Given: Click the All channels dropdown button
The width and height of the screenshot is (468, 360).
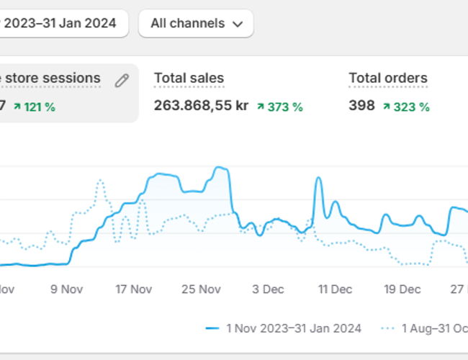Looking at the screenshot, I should pyautogui.click(x=195, y=23).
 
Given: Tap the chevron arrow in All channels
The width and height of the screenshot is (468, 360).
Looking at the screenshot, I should pyautogui.click(x=238, y=24).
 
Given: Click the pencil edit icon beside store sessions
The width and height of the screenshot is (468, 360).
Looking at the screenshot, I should pyautogui.click(x=122, y=80).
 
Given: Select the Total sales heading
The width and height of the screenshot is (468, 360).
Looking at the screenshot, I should pyautogui.click(x=189, y=78).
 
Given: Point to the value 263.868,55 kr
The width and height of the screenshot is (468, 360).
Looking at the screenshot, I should pyautogui.click(x=201, y=106).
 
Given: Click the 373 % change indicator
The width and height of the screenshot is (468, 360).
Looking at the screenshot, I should pyautogui.click(x=280, y=107).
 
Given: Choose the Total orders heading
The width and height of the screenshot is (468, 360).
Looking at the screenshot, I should pyautogui.click(x=387, y=78).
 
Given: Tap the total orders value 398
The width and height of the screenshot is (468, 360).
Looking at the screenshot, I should pyautogui.click(x=361, y=106).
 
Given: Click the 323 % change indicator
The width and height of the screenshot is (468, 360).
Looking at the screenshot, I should pyautogui.click(x=406, y=107).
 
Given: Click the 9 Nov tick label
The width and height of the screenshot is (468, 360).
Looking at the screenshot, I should pyautogui.click(x=66, y=289).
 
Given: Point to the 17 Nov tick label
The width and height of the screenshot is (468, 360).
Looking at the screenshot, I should pyautogui.click(x=134, y=289).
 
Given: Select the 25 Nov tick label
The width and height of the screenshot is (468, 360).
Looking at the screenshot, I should pyautogui.click(x=201, y=289).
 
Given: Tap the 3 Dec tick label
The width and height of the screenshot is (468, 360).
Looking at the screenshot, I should pyautogui.click(x=268, y=289).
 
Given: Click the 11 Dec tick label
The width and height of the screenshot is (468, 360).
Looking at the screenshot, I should pyautogui.click(x=335, y=289).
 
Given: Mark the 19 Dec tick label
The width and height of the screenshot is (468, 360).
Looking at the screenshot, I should pyautogui.click(x=402, y=289).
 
